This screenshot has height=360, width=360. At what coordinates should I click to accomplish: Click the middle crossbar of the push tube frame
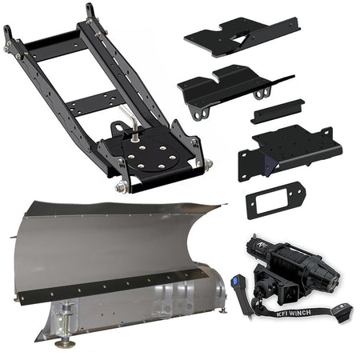coord(90,102)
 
